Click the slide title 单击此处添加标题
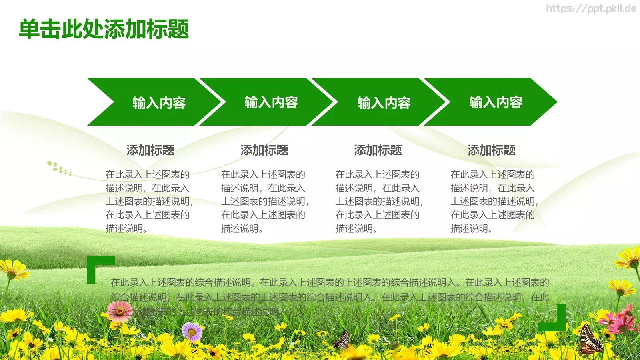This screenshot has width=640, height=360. click(x=104, y=29)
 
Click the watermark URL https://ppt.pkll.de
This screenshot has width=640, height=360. click(x=591, y=9)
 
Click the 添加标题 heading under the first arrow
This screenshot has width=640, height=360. click(x=150, y=150)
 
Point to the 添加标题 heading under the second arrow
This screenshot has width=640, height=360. click(x=264, y=150)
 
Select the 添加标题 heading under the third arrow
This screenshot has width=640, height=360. click(x=378, y=150)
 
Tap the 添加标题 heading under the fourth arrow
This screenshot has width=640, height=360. click(x=492, y=150)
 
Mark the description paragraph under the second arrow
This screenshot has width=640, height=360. click(x=264, y=201)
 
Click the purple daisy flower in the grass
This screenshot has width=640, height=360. click(x=192, y=331)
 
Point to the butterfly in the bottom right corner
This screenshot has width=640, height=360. click(x=590, y=340)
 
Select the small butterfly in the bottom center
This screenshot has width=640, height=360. click(x=342, y=340)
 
